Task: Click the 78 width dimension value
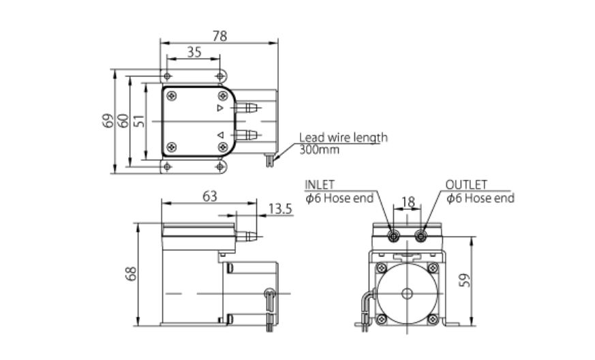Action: pyautogui.click(x=219, y=35)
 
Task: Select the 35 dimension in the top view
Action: pyautogui.click(x=194, y=52)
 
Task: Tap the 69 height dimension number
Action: pyautogui.click(x=107, y=121)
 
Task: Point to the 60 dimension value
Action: pyautogui.click(x=123, y=121)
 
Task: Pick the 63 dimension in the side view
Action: pyautogui.click(x=209, y=196)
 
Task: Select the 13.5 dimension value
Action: pyautogui.click(x=279, y=209)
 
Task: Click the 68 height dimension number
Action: pyautogui.click(x=131, y=274)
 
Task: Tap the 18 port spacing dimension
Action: pyautogui.click(x=408, y=202)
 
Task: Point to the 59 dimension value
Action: pyautogui.click(x=466, y=280)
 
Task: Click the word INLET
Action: pyautogui.click(x=320, y=185)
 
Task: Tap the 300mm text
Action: pyautogui.click(x=318, y=149)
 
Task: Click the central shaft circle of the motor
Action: pyautogui.click(x=407, y=294)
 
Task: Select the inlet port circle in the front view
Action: pyautogui.click(x=394, y=236)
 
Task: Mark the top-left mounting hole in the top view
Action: pyautogui.click(x=166, y=76)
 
